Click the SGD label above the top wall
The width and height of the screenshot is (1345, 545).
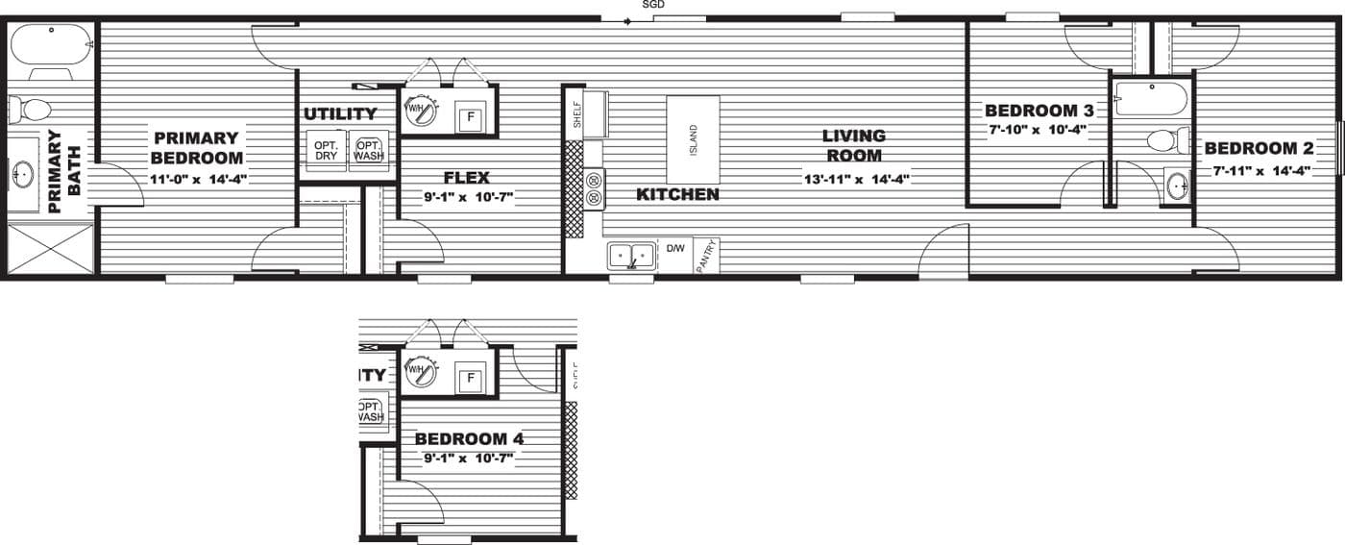point(653,5)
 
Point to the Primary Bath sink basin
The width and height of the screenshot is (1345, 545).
point(23,175)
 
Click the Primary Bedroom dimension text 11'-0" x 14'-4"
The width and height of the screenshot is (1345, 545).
point(198,180)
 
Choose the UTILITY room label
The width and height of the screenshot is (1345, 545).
point(340,114)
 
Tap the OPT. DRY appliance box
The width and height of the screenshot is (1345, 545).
point(326,152)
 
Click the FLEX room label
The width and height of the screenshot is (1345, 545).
point(466,178)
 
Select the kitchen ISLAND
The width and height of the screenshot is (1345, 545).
point(693,140)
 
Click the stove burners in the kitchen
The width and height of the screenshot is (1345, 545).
point(594,188)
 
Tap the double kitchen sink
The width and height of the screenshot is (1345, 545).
point(630,257)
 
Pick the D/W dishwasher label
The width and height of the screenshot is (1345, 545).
point(675,249)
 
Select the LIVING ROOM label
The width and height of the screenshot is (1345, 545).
point(853,146)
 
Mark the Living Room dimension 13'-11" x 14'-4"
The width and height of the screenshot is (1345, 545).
point(856,179)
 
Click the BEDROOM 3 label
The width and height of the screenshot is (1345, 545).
point(1032,111)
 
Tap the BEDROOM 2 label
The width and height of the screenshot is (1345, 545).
point(1259,148)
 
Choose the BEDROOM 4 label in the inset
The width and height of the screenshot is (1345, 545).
point(470,439)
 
